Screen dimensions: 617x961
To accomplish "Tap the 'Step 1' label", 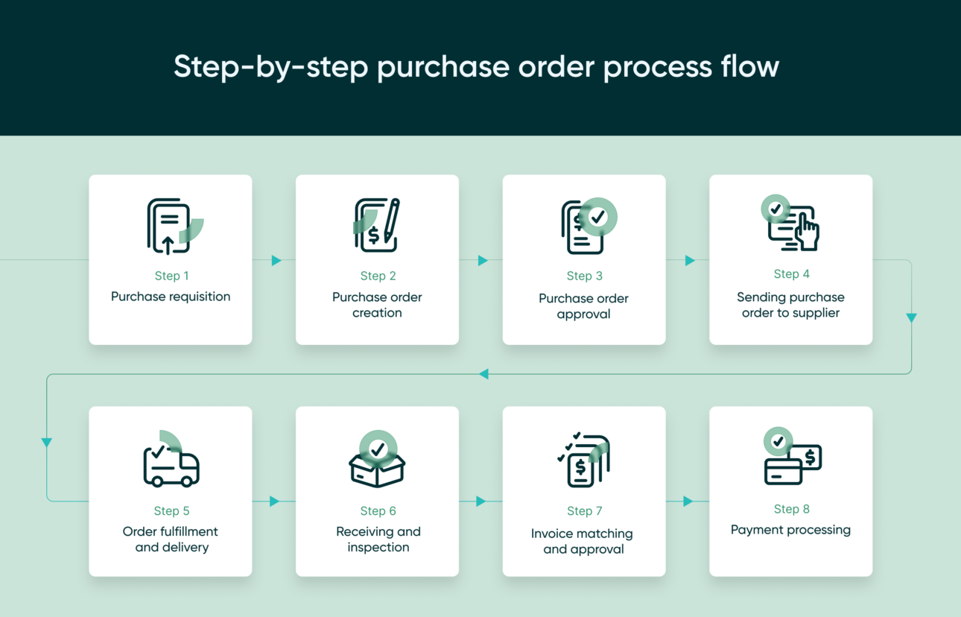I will (171, 276).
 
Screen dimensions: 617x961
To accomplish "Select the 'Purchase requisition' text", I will (171, 297).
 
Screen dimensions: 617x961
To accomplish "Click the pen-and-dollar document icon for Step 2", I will (377, 225).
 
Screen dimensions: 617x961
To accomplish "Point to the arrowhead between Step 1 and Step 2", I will (276, 260).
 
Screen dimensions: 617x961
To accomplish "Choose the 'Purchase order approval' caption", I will (583, 306).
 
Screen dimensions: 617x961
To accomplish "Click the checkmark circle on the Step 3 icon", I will (597, 217).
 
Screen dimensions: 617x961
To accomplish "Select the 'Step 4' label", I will (791, 274).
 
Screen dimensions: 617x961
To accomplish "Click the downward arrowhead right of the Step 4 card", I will (911, 317).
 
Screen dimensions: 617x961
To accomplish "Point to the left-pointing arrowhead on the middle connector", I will (484, 373).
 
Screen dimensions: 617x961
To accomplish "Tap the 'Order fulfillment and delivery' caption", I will (171, 539).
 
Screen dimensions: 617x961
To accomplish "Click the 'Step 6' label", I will (378, 511).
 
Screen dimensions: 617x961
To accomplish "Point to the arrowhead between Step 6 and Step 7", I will (481, 501).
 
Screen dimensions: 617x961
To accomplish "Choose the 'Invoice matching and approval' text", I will (583, 541).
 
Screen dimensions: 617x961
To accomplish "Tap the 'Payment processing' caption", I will (790, 530).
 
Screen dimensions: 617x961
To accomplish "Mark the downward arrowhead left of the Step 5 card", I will (47, 442).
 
